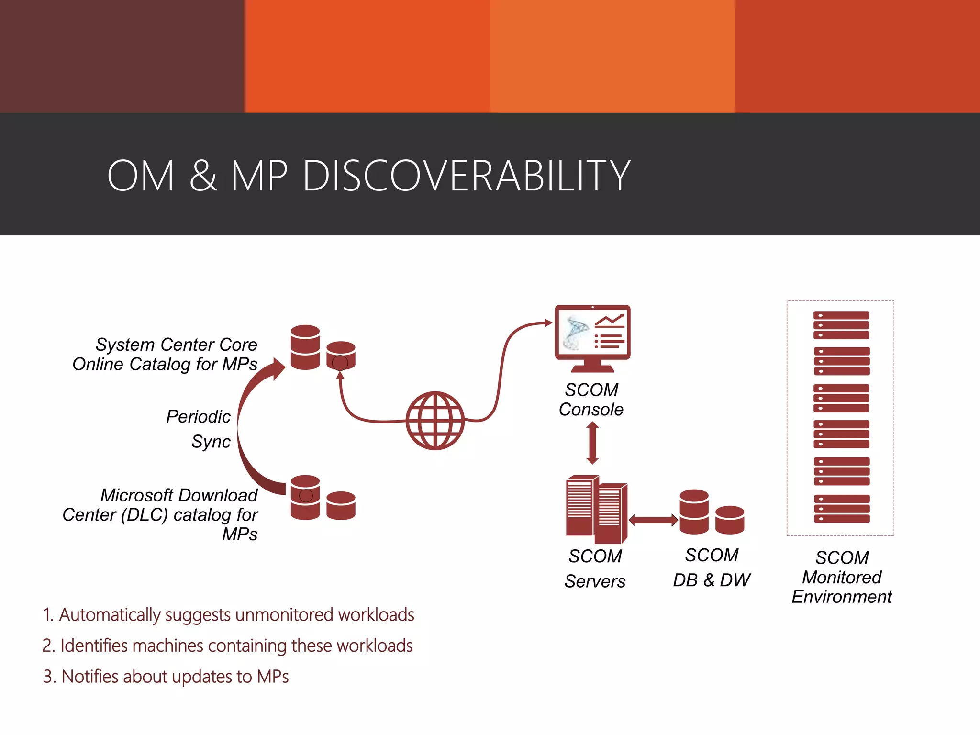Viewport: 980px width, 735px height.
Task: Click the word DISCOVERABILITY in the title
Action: coord(467,176)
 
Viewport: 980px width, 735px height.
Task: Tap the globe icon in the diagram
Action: coord(435,421)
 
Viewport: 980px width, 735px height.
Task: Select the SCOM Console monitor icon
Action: coord(592,337)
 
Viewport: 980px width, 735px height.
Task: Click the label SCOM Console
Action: coord(591,400)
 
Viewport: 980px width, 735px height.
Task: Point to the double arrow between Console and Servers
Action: coord(592,443)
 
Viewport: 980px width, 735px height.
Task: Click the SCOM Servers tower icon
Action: coord(596,509)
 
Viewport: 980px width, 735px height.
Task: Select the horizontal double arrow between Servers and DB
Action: coord(653,520)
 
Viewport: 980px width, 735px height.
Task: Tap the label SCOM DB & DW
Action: coord(712,568)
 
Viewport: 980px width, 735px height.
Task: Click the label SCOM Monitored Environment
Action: coord(841,577)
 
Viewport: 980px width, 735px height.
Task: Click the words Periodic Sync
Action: coord(199,429)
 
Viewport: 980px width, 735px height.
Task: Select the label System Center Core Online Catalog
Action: coord(165,354)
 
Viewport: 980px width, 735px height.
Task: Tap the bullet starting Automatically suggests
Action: coord(228,615)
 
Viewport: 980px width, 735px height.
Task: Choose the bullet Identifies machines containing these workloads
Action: coord(227,646)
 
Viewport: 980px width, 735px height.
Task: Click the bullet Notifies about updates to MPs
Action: coord(166,677)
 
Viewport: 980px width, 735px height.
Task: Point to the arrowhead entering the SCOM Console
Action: coord(549,323)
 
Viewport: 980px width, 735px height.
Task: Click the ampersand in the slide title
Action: coord(203,176)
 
